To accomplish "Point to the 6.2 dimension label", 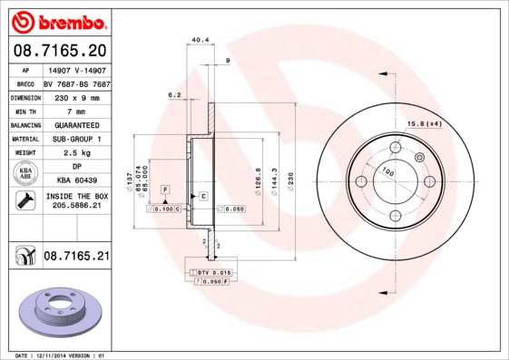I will click(174, 93).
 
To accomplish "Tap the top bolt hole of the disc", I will click(395, 147).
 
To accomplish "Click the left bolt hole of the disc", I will click(360, 181).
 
